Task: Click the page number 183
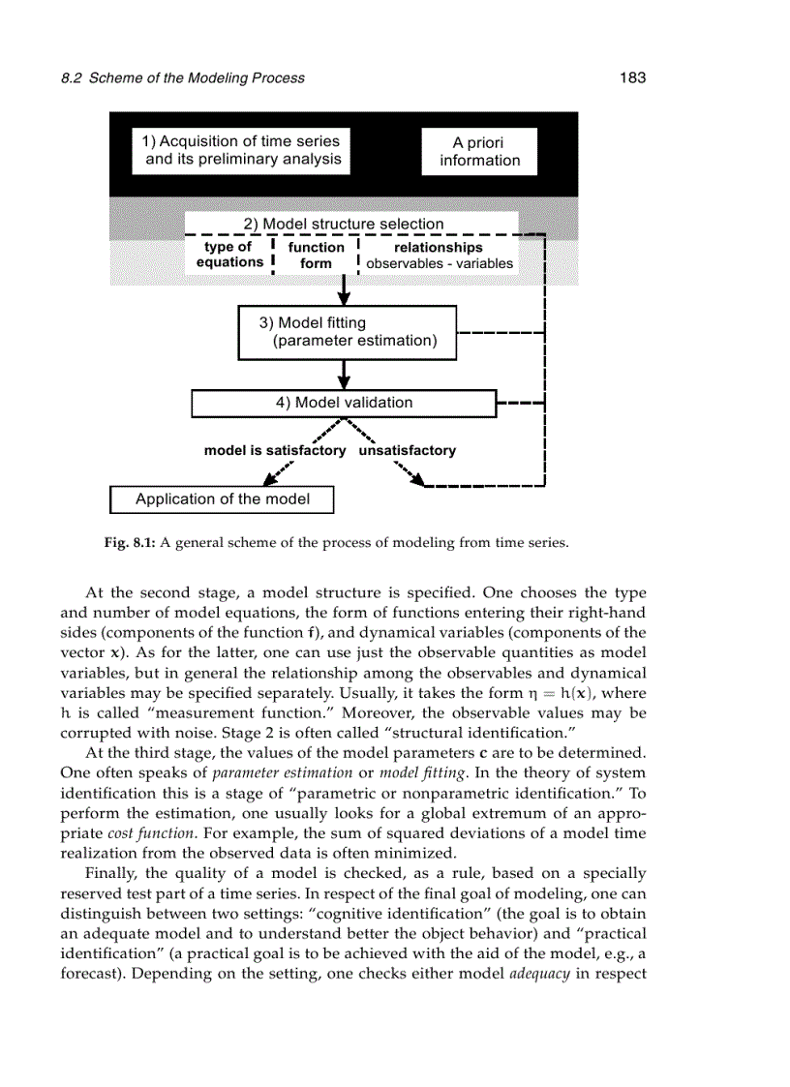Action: (x=632, y=77)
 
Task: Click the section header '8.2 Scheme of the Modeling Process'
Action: (x=182, y=78)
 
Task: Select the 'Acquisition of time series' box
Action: (x=243, y=150)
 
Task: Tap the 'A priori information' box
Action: (x=479, y=152)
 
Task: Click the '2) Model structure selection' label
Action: (x=343, y=224)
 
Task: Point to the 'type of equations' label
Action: (x=229, y=255)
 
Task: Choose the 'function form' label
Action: (x=316, y=256)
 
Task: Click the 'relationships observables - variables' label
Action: (x=440, y=256)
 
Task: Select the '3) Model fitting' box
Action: (x=347, y=332)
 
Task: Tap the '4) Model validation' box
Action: (x=344, y=403)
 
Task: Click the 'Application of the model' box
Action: (x=222, y=499)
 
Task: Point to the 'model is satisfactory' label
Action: (x=274, y=451)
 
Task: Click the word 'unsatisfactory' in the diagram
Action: (x=408, y=451)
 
